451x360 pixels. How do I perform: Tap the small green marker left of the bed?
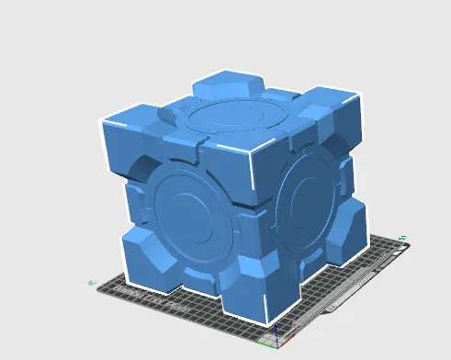(90, 282)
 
